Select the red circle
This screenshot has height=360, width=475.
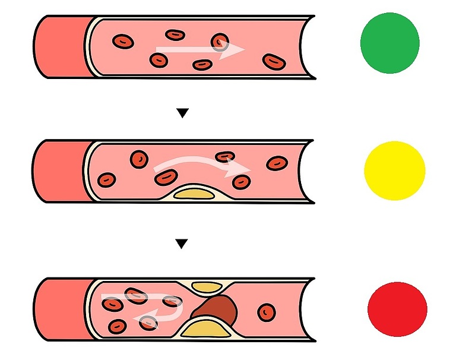point(397,310)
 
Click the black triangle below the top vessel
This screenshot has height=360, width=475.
point(183,113)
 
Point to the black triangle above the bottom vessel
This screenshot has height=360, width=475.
point(182,244)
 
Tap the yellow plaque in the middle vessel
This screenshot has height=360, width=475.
point(191,192)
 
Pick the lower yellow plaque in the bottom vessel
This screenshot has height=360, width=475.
point(206,328)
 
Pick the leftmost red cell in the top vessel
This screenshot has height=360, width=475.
point(123,42)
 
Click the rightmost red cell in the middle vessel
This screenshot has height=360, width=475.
point(277,163)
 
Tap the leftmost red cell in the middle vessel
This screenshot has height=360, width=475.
point(107,179)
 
